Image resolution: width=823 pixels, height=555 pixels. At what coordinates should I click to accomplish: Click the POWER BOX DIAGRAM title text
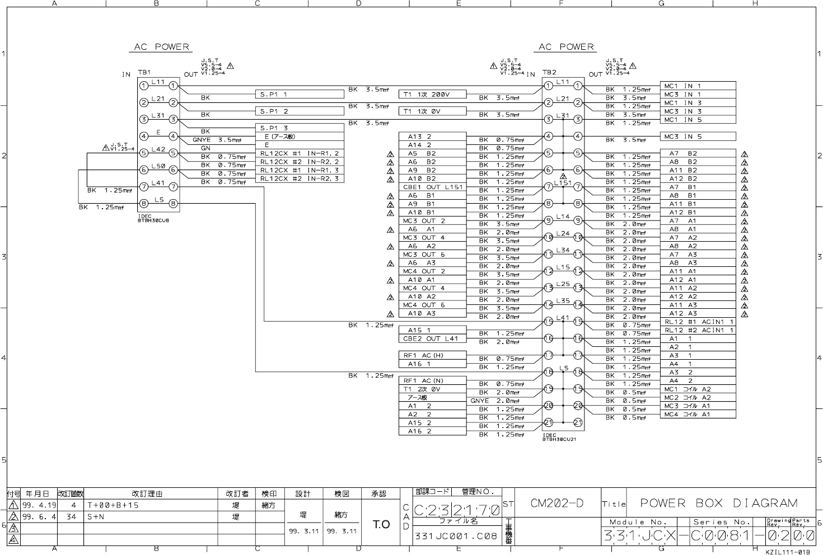pos(718,503)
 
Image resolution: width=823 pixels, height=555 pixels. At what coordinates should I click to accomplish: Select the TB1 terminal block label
pos(144,73)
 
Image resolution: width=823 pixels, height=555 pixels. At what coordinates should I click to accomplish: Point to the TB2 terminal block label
pos(549,73)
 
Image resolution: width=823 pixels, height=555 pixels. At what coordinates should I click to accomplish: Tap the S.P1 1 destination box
pos(300,95)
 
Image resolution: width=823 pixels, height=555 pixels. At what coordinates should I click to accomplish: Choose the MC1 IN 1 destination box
pos(698,86)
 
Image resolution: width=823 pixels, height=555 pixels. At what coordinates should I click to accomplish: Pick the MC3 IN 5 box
pos(698,137)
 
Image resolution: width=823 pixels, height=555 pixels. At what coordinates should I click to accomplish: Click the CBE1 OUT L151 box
pos(432,187)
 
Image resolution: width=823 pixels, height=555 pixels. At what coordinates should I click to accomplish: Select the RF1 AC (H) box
pos(432,355)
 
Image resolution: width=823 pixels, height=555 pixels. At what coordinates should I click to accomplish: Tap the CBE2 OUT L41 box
pos(432,338)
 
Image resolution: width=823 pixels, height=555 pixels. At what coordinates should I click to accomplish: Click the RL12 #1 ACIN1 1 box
pos(698,322)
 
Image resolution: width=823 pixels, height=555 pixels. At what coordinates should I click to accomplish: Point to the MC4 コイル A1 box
pos(698,414)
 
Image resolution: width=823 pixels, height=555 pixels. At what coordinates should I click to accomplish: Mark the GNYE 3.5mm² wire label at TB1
pos(217,140)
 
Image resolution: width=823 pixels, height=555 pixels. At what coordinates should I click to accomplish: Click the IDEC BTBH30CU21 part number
pos(559,437)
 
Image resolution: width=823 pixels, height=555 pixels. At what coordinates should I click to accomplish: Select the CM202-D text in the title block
pos(557,503)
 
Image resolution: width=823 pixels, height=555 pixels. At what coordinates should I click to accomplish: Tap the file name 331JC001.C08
pos(455,535)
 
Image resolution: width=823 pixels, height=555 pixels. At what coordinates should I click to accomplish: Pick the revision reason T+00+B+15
pos(113,505)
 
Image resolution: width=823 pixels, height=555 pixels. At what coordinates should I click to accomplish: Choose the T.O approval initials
pos(381,524)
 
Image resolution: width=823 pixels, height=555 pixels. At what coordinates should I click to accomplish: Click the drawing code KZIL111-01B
pos(787,552)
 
